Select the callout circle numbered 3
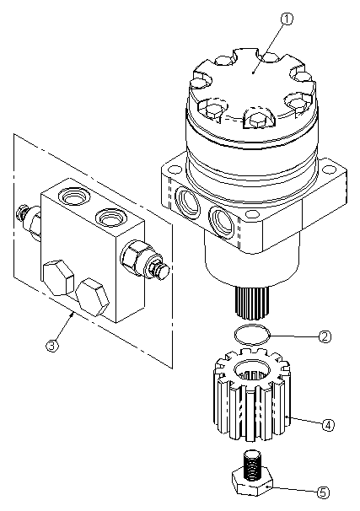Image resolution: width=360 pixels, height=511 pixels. pos(53,344)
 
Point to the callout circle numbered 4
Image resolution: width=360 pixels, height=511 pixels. pos(329,424)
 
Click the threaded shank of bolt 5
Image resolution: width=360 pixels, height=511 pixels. pos(251,463)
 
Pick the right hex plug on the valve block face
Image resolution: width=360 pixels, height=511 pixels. pos(91,295)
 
